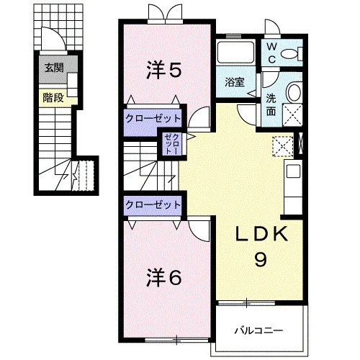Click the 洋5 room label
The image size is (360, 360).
[164, 70]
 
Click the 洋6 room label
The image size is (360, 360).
[164, 278]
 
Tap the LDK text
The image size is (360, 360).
[261, 233]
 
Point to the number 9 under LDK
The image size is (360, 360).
[261, 259]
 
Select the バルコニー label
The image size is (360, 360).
[258, 330]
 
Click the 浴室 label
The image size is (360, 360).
[235, 82]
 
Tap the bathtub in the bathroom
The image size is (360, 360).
[235, 52]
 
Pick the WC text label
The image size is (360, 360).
[272, 53]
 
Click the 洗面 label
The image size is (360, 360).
[271, 104]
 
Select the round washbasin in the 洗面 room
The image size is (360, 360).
[294, 92]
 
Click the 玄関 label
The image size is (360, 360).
[54, 68]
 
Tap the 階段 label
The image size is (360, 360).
[53, 98]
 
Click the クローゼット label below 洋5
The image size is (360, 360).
[153, 119]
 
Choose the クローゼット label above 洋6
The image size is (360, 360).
[153, 204]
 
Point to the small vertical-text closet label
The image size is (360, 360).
[172, 144]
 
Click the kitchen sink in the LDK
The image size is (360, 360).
[294, 171]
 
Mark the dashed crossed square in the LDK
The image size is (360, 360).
[283, 147]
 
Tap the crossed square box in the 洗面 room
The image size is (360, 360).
[292, 114]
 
